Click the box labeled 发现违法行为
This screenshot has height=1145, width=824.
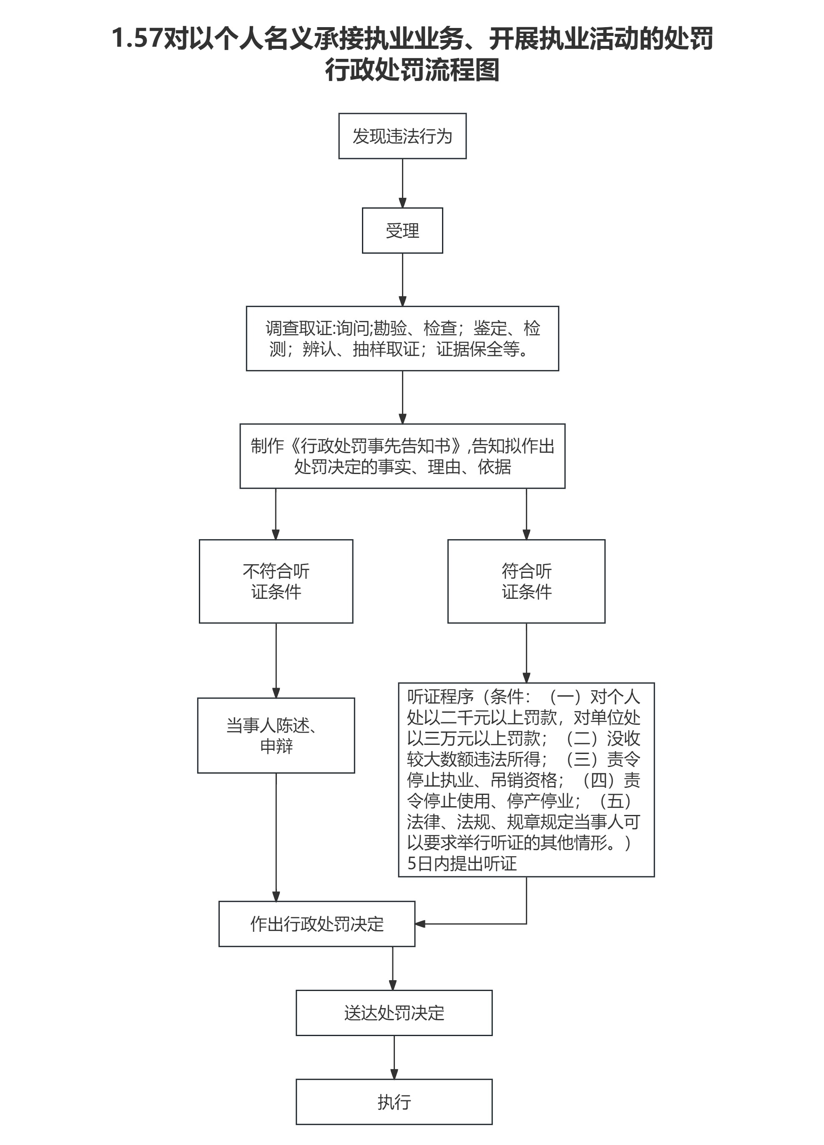pyautogui.click(x=402, y=136)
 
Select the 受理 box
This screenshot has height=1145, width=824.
pyautogui.click(x=402, y=230)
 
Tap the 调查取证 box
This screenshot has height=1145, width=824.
pyautogui.click(x=402, y=338)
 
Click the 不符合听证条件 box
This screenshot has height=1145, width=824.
pyautogui.click(x=276, y=581)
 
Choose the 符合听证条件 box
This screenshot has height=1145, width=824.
pyautogui.click(x=526, y=581)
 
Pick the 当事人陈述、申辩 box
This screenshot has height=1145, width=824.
pyautogui.click(x=276, y=736)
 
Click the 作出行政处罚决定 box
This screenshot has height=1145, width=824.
pyautogui.click(x=317, y=924)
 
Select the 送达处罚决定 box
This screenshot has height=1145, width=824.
pyautogui.click(x=394, y=1013)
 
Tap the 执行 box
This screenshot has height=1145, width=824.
pyautogui.click(x=394, y=1102)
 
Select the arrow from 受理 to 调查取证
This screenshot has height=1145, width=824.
pyautogui.click(x=402, y=279)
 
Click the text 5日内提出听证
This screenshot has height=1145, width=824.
pyautogui.click(x=462, y=864)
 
